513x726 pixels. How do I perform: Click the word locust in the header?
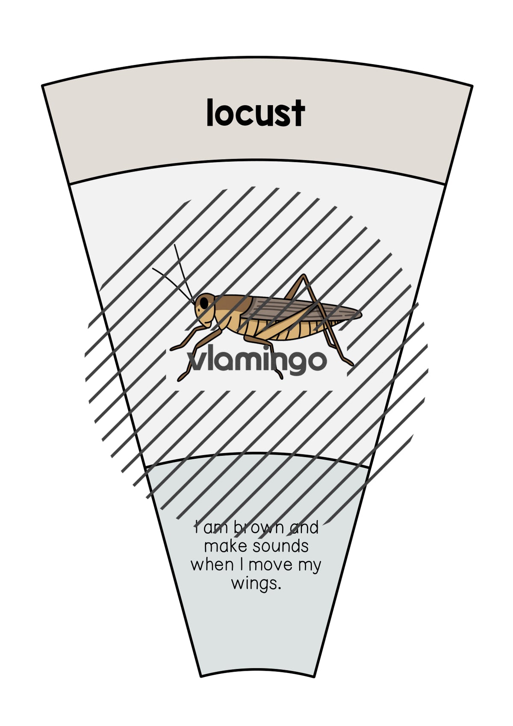(x=256, y=112)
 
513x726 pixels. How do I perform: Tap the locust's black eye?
(x=204, y=304)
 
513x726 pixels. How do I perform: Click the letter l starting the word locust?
(x=209, y=112)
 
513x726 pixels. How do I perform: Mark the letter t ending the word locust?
(x=299, y=114)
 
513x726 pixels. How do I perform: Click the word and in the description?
(x=304, y=527)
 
